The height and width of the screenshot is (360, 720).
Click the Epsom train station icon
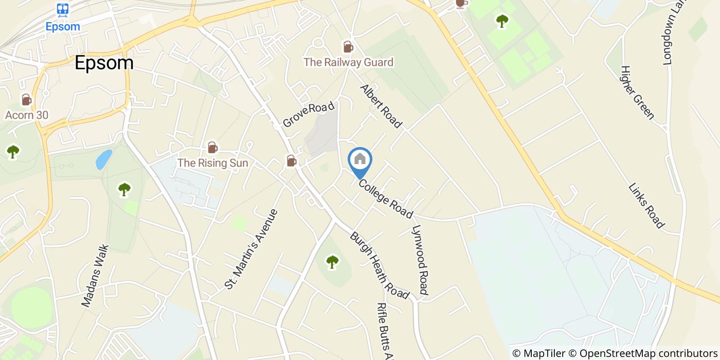tap(63, 9)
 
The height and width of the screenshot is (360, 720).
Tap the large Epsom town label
tap(104, 63)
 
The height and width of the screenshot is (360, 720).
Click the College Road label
tap(386, 198)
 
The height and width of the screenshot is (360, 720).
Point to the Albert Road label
tap(381, 106)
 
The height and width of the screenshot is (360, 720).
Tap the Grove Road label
tap(309, 115)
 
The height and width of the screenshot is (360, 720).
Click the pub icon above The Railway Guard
tap(348, 47)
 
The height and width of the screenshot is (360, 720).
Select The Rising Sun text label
tap(212, 163)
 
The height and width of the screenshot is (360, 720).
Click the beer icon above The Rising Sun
tap(212, 148)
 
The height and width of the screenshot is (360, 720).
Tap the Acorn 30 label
tap(27, 115)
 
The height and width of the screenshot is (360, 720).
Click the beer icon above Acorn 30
tap(26, 99)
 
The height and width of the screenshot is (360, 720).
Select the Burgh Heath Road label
tap(380, 265)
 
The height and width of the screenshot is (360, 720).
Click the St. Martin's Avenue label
tap(251, 248)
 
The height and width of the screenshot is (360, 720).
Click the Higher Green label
tap(637, 93)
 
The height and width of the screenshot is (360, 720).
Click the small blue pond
tap(103, 159)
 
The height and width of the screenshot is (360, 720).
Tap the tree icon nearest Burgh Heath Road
tap(333, 262)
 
